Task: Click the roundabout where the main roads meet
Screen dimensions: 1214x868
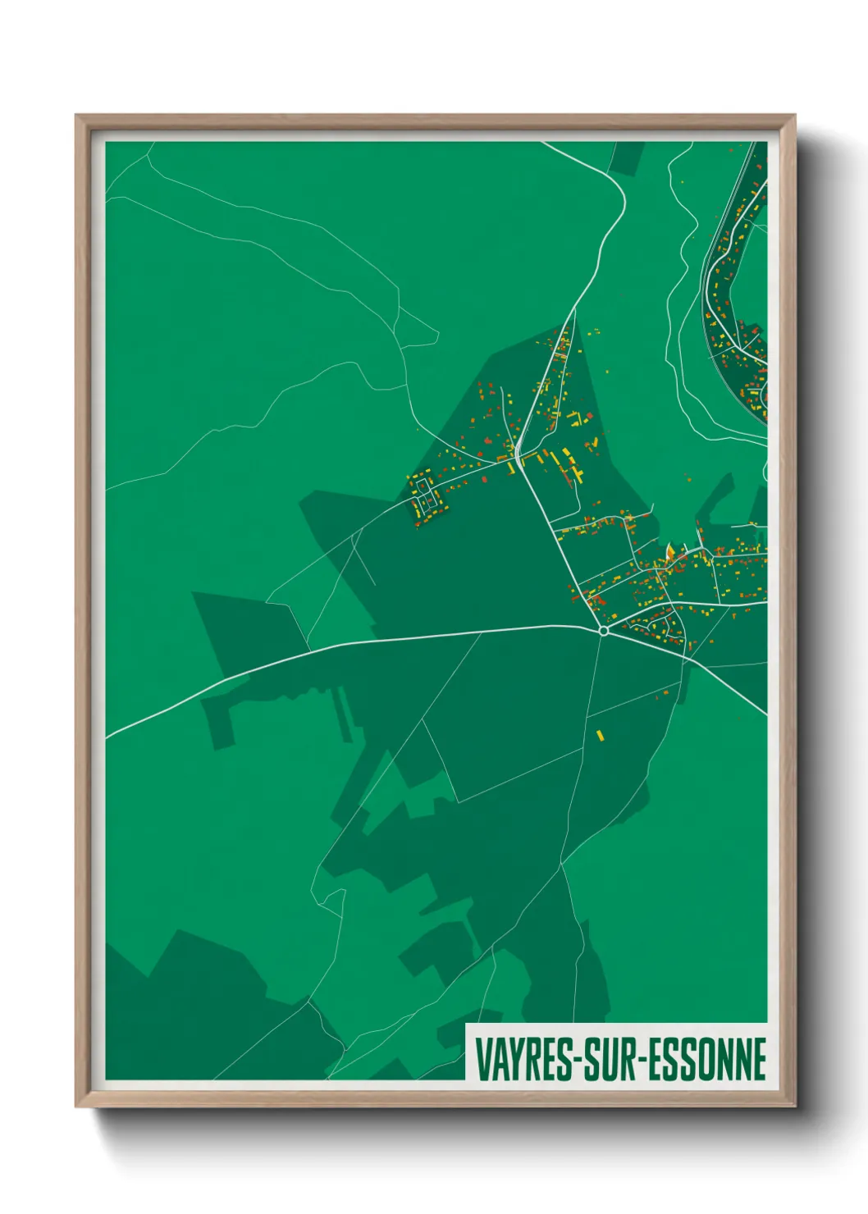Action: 604,631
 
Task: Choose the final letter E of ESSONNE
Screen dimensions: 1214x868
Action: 759,1059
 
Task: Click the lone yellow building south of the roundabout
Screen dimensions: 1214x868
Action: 600,735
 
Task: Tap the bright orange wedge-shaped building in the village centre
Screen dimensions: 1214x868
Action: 670,551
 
